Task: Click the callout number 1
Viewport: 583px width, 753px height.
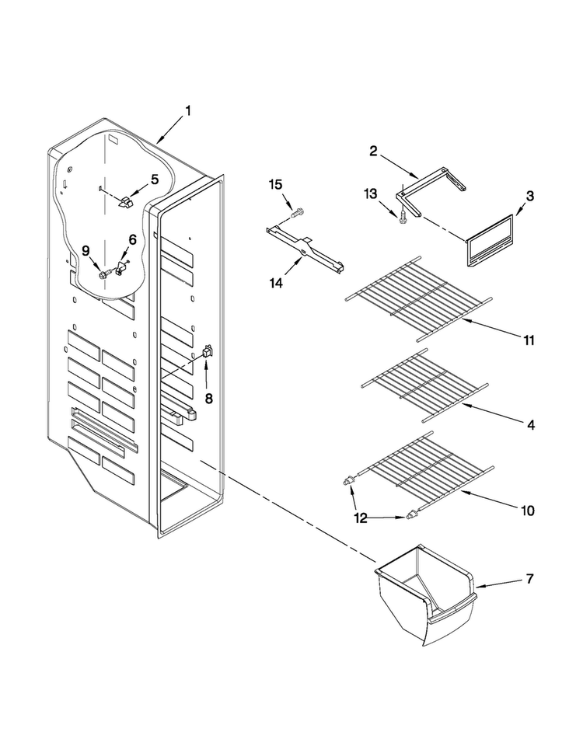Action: tap(188, 111)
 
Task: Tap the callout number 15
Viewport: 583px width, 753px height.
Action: tap(275, 184)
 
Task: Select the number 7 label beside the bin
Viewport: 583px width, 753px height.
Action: tap(529, 579)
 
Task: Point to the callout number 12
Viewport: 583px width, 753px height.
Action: tap(361, 518)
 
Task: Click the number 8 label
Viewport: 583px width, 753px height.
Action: tap(209, 398)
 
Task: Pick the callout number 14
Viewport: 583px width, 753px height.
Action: tap(276, 284)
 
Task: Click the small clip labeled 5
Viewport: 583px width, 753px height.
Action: tap(125, 202)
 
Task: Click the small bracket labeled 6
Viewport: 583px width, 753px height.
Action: tap(120, 267)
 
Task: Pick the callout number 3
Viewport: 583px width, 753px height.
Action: tap(529, 196)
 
